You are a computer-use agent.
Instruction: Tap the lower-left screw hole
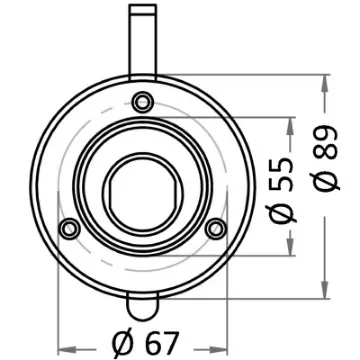(x=69, y=228)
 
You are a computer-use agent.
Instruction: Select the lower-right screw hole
(x=213, y=230)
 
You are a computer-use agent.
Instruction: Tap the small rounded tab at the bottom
(x=142, y=300)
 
